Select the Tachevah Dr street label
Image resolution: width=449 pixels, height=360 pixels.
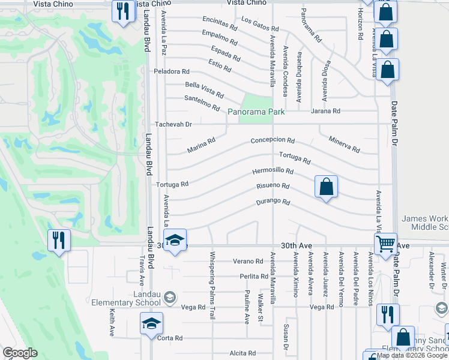tap(173, 124)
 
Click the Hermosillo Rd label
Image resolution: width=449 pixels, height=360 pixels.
tap(273, 172)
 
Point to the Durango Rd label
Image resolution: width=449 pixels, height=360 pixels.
tap(274, 202)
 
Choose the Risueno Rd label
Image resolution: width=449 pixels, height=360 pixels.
tap(273, 187)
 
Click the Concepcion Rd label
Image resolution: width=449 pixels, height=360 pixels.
tap(273, 141)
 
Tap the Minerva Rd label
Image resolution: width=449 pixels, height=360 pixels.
tap(344, 144)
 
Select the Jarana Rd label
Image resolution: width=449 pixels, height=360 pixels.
tap(325, 111)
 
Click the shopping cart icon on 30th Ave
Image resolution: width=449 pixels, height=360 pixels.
tap(385, 244)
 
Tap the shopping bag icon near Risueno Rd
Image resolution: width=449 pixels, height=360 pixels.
tap(325, 186)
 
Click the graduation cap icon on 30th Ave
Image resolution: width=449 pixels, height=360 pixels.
tap(175, 240)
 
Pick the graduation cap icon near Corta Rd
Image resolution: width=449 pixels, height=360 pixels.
tap(152, 324)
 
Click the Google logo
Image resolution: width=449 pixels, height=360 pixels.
tap(20, 353)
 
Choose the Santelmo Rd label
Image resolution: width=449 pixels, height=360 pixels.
tap(202, 103)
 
